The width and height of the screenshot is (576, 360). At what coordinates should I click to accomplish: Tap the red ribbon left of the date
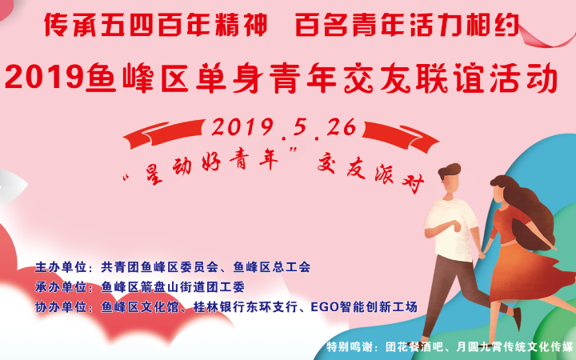click(164, 134)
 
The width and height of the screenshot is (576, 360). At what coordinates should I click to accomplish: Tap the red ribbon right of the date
click(401, 137)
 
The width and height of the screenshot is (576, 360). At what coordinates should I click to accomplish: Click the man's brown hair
click(450, 171)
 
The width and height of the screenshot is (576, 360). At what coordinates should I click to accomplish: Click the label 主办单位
click(61, 267)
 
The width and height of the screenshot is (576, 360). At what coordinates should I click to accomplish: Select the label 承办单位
click(61, 287)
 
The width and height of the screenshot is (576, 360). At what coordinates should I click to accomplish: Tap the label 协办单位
click(61, 306)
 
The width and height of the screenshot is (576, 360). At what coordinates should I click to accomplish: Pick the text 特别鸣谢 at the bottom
click(351, 346)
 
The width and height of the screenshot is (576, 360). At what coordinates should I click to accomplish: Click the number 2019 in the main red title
click(44, 78)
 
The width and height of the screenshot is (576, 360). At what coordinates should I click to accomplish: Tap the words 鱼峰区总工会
click(272, 267)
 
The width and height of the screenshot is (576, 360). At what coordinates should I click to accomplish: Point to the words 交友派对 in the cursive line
click(371, 173)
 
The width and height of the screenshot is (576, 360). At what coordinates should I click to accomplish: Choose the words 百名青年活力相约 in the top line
click(407, 25)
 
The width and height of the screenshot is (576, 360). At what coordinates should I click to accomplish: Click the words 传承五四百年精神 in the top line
click(156, 25)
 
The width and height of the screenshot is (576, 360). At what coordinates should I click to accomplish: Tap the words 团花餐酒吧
click(418, 346)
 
